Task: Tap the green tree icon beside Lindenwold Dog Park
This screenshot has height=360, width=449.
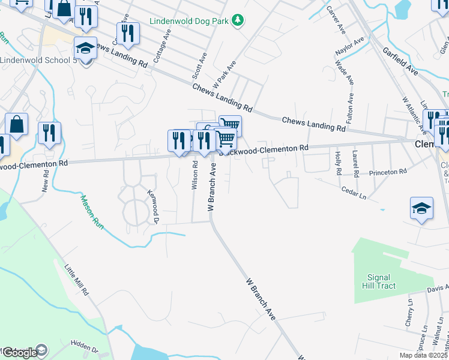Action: click(x=238, y=20)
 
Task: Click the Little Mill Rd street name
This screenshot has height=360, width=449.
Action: click(x=77, y=280)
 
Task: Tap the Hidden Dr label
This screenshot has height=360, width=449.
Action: click(x=83, y=346)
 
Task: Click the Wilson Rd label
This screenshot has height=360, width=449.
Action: click(x=194, y=175)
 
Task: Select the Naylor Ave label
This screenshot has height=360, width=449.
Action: click(x=351, y=49)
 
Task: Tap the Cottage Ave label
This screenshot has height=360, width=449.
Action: click(x=159, y=47)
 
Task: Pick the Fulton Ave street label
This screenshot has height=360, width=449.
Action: click(x=350, y=88)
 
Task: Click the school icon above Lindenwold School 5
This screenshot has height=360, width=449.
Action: click(x=85, y=48)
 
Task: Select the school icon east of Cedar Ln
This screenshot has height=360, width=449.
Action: click(x=421, y=209)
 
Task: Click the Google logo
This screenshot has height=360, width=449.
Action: click(x=19, y=353)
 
